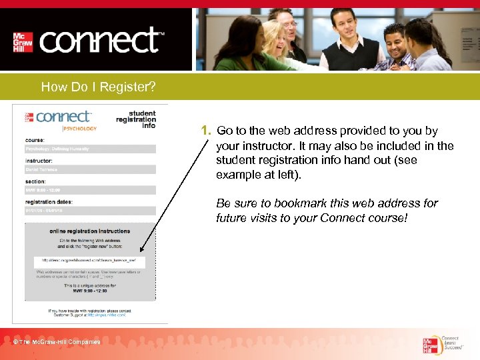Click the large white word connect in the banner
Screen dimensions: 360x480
100,41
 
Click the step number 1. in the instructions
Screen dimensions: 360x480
206,131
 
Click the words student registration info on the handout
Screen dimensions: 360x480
136,119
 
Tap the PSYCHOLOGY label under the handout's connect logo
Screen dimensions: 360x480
79,128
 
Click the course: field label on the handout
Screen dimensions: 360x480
35,141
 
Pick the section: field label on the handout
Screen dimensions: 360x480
36,181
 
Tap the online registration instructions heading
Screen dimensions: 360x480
90,231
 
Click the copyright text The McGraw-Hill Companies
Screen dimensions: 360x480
57,342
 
